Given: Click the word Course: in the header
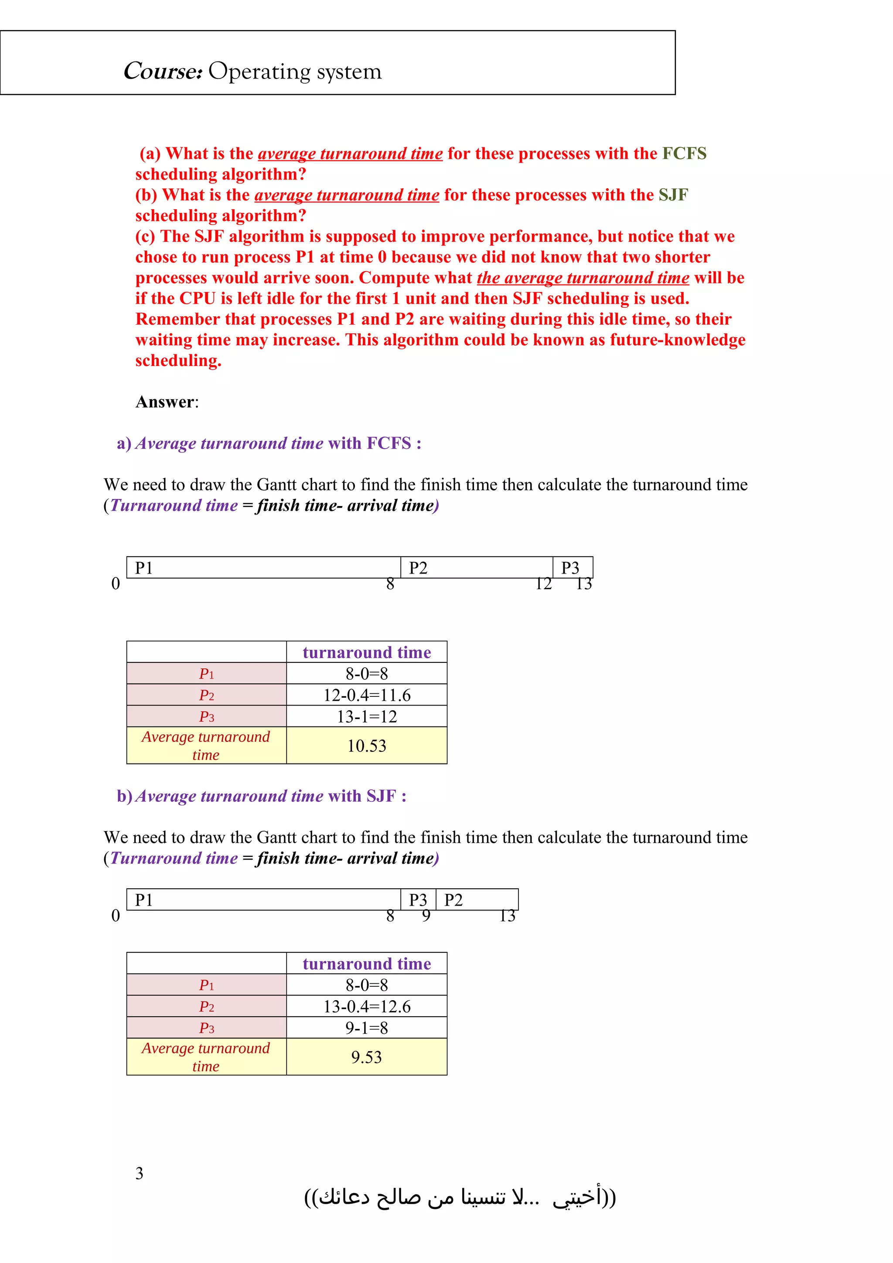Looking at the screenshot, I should (163, 71).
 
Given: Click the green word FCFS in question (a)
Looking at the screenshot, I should (684, 153).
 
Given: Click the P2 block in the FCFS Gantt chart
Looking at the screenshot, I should (476, 568).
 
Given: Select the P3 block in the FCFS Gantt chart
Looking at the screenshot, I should (572, 568).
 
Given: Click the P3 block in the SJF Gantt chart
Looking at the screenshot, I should (418, 900).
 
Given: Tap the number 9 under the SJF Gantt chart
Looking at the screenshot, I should (426, 916).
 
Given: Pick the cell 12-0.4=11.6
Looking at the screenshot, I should (366, 695).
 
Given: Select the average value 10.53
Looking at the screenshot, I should (366, 746).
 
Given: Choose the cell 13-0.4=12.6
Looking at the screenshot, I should (366, 1006).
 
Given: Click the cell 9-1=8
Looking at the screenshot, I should (366, 1028).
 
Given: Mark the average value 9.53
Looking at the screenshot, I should (366, 1057).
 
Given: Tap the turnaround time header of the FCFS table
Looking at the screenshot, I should (366, 652).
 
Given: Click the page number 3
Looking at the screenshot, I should (139, 1173).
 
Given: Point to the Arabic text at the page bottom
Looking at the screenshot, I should (460, 1197).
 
